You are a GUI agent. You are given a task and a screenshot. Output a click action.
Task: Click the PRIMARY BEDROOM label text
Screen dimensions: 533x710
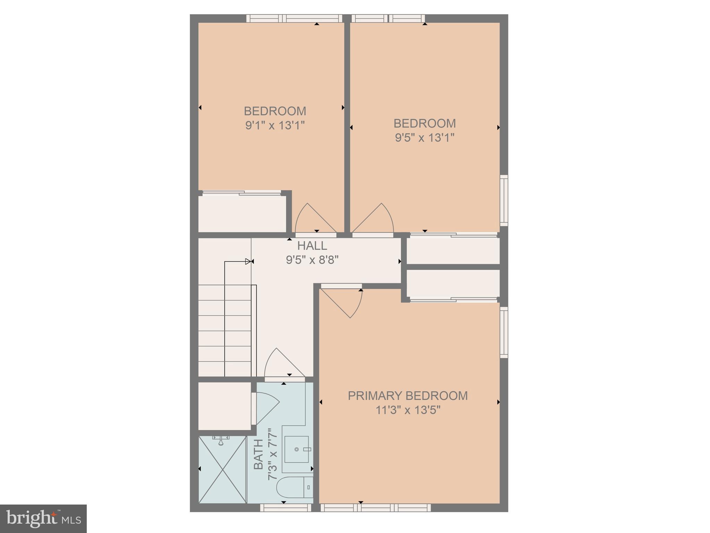[407, 396]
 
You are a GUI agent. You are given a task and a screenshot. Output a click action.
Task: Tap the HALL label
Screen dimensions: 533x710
[312, 246]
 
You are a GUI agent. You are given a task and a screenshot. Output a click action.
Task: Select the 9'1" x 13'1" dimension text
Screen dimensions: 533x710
[275, 125]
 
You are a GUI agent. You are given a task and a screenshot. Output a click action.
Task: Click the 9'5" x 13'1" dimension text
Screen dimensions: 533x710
[424, 138]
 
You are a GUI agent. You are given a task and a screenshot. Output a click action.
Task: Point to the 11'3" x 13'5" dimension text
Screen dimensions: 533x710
[408, 410]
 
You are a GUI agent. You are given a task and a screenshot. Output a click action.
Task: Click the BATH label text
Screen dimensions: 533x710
[259, 454]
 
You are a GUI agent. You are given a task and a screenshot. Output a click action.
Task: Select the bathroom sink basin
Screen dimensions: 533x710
[297, 449]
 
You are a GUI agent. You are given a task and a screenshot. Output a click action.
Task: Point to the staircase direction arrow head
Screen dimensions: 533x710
[248, 261]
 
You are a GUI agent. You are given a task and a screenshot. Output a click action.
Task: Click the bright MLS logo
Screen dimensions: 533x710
[43, 518]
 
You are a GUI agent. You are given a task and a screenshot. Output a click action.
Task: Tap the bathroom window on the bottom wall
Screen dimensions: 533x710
[286, 508]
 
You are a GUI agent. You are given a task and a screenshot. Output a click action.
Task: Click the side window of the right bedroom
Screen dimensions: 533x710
[504, 201]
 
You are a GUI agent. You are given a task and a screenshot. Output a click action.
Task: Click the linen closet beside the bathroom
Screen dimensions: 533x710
[225, 406]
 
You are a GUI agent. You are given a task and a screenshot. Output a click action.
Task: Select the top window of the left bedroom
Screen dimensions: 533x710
[294, 18]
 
